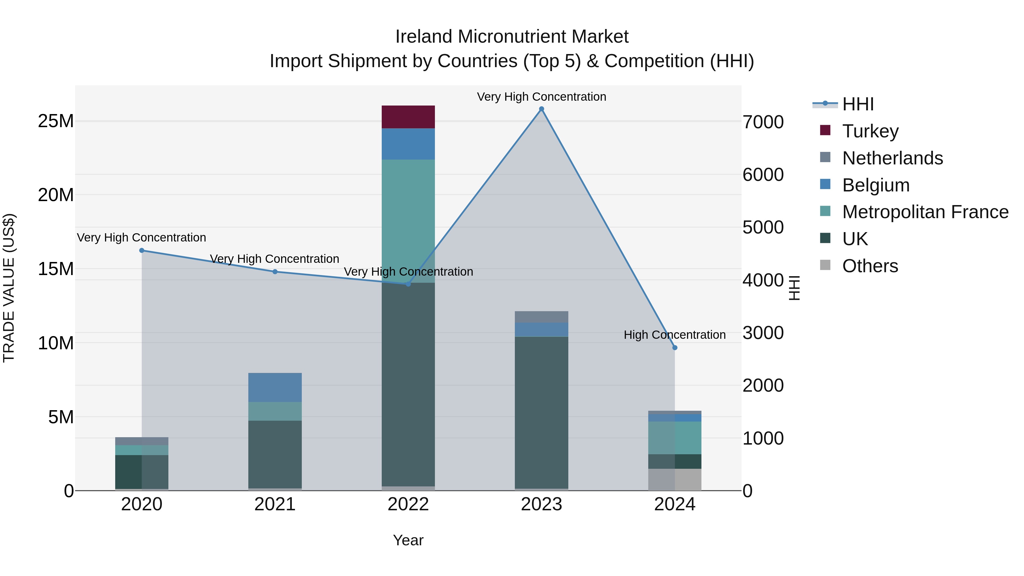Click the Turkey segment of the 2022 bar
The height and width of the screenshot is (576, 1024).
(x=408, y=117)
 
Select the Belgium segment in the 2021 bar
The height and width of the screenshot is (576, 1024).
(x=275, y=387)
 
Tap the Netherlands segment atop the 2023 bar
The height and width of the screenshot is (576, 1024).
(x=541, y=317)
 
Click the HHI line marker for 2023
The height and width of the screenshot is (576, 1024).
(x=541, y=109)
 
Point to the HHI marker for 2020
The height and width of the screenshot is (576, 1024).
(x=142, y=250)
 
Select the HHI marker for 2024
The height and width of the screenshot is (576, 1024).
(x=675, y=348)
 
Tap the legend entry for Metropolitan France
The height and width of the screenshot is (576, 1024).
(x=925, y=212)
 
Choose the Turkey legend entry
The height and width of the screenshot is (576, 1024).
(x=870, y=131)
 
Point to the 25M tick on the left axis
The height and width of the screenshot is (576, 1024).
(x=56, y=121)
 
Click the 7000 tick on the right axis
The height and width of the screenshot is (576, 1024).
(x=763, y=122)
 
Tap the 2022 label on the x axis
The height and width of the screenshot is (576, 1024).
(x=408, y=504)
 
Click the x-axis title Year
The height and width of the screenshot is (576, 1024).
(x=408, y=540)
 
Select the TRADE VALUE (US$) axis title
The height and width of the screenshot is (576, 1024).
(x=9, y=288)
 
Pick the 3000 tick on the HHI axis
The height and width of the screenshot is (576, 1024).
(x=763, y=333)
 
